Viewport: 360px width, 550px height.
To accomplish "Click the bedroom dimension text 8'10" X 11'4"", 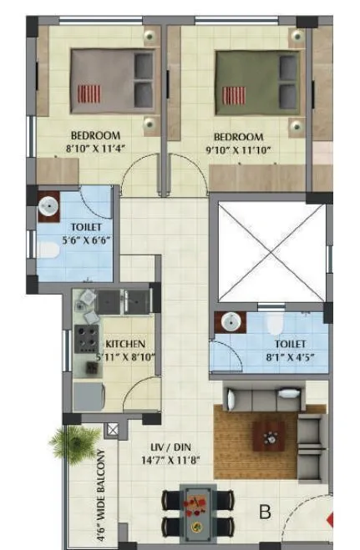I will [x=95, y=150].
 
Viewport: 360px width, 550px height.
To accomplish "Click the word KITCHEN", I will [x=126, y=343].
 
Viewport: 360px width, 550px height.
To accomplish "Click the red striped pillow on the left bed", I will [x=89, y=92].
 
